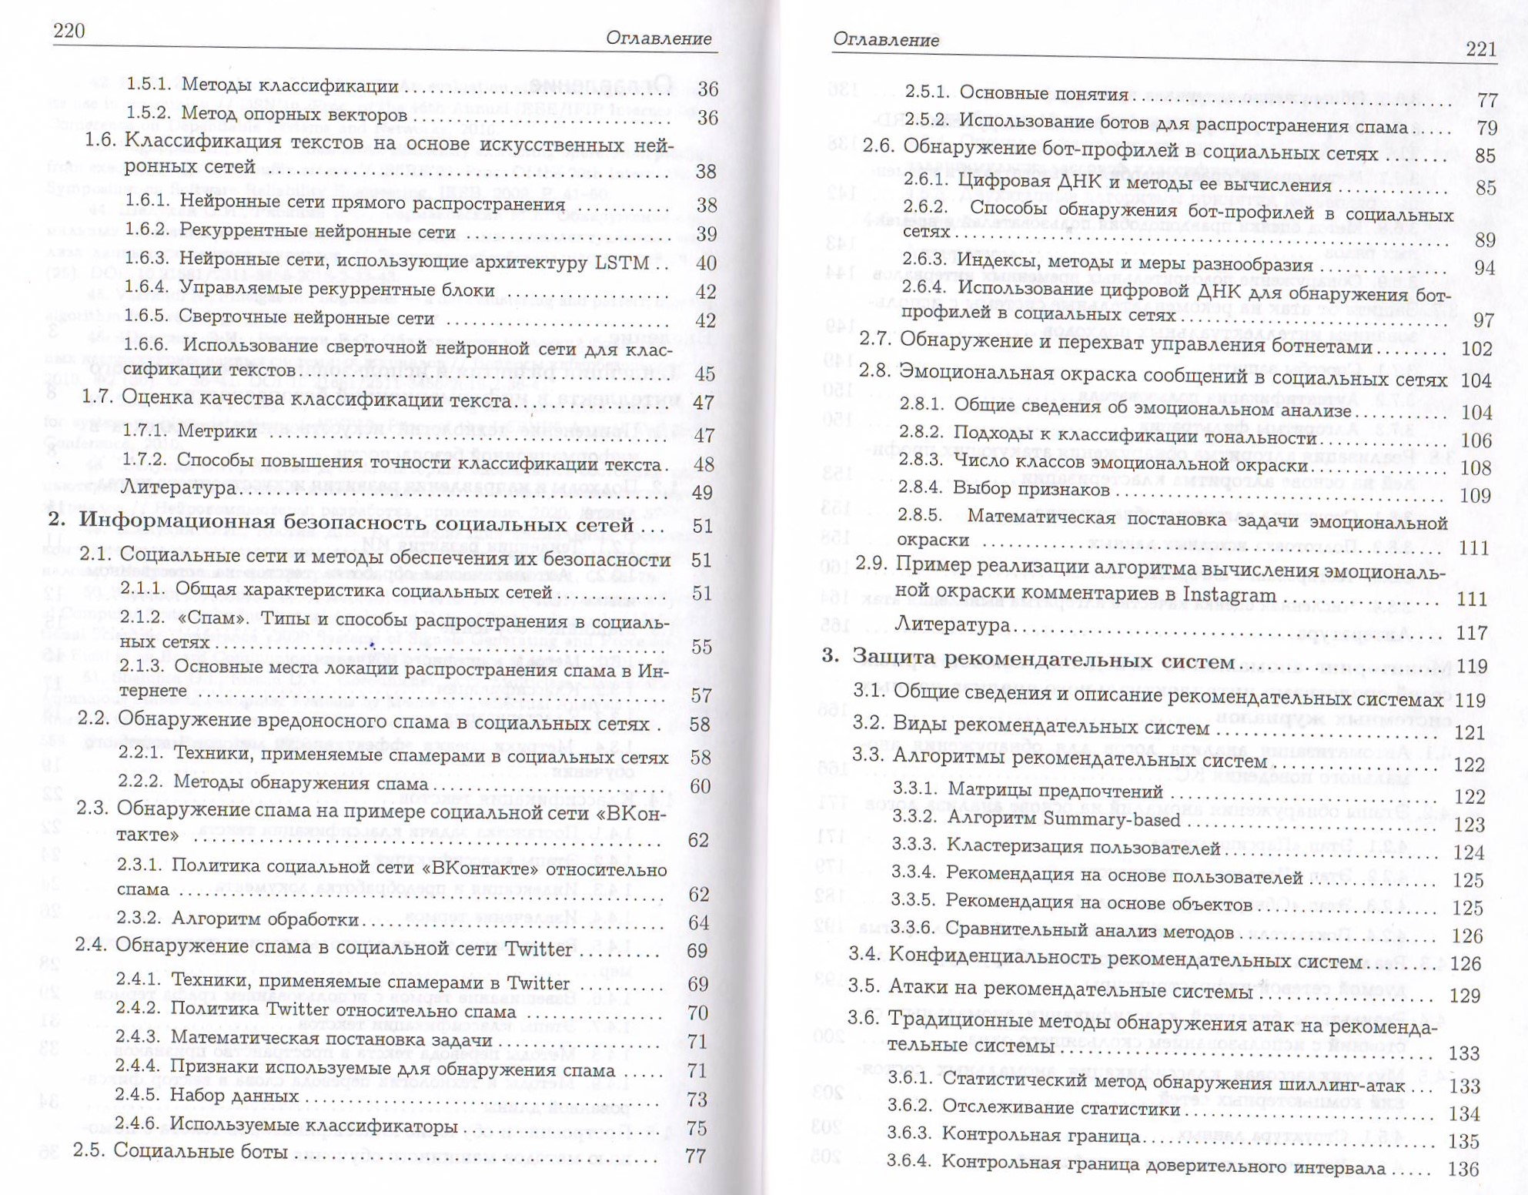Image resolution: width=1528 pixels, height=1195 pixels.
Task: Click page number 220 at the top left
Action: click(69, 30)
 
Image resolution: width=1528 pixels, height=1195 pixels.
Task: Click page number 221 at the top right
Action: click(1481, 49)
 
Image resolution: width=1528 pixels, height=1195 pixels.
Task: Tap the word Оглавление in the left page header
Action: click(658, 38)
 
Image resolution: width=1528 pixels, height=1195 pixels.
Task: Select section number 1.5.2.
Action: click(147, 114)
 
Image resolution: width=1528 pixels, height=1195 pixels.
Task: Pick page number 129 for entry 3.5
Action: click(1464, 996)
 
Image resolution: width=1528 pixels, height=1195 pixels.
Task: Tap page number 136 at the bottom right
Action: click(1463, 1168)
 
